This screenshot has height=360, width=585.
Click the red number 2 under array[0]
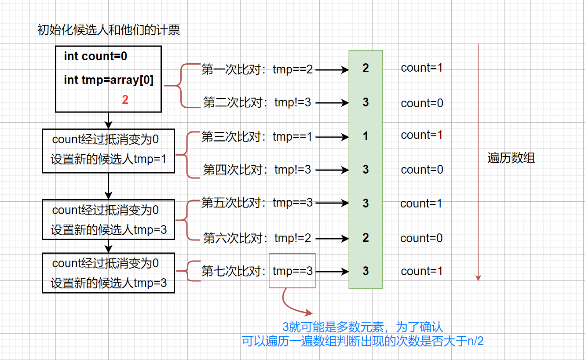coord(125,100)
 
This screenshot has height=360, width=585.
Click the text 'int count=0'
coord(95,56)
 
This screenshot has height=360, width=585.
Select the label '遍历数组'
coord(511,158)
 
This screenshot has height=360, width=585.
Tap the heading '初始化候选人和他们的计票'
coord(109,30)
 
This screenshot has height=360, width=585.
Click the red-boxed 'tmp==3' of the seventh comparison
coord(292,271)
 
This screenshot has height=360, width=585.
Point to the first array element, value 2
coord(366,68)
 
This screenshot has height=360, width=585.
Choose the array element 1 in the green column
coord(366,137)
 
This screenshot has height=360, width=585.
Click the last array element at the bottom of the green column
coord(366,271)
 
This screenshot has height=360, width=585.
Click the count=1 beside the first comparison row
coord(422,68)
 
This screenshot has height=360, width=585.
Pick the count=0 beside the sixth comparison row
coord(421,238)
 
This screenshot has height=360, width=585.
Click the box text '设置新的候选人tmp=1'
coord(109,159)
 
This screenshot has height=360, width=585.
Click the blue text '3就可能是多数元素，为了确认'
coord(362,327)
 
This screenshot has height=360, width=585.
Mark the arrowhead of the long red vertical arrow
coord(478,278)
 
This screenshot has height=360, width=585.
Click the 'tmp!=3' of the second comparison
coord(292,102)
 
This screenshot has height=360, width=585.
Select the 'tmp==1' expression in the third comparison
coord(292,137)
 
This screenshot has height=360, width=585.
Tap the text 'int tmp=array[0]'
coord(109,80)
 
